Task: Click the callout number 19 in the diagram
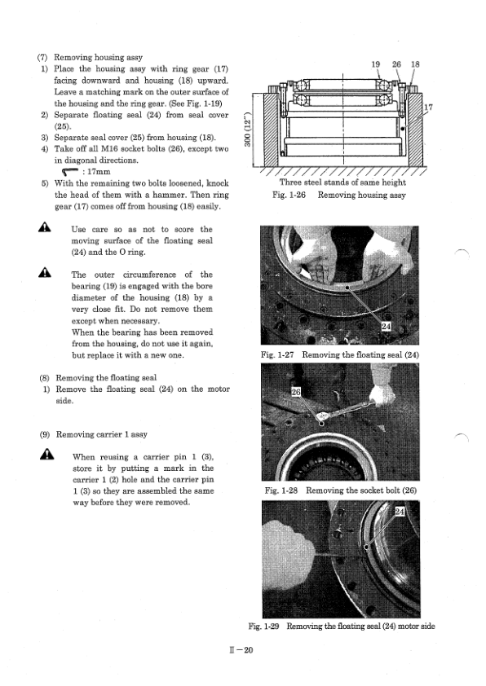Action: pos(375,64)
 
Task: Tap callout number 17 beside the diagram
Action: pos(428,108)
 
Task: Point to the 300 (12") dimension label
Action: pos(248,130)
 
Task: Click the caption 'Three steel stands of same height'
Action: pos(342,182)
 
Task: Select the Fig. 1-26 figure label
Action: pos(289,195)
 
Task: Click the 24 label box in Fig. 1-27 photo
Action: pos(386,327)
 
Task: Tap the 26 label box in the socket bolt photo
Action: pos(296,392)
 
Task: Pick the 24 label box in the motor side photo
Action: pos(400,512)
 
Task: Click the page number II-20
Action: pos(241,650)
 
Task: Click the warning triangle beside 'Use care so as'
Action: pos(44,227)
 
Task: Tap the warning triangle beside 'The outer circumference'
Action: pos(44,273)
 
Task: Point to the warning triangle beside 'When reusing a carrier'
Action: pos(46,455)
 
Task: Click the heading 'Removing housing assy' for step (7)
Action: pos(98,57)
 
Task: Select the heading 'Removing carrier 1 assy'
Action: pos(102,434)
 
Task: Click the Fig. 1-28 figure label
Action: pos(281,490)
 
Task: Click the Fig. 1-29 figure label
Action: pos(263,626)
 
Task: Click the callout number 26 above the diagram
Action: pos(396,64)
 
